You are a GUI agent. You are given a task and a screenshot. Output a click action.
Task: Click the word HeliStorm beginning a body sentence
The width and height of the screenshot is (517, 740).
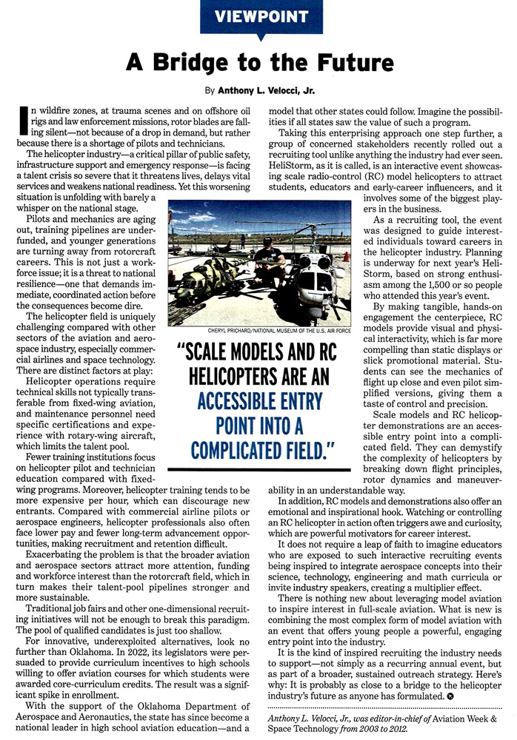pyautogui.click(x=290, y=168)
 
